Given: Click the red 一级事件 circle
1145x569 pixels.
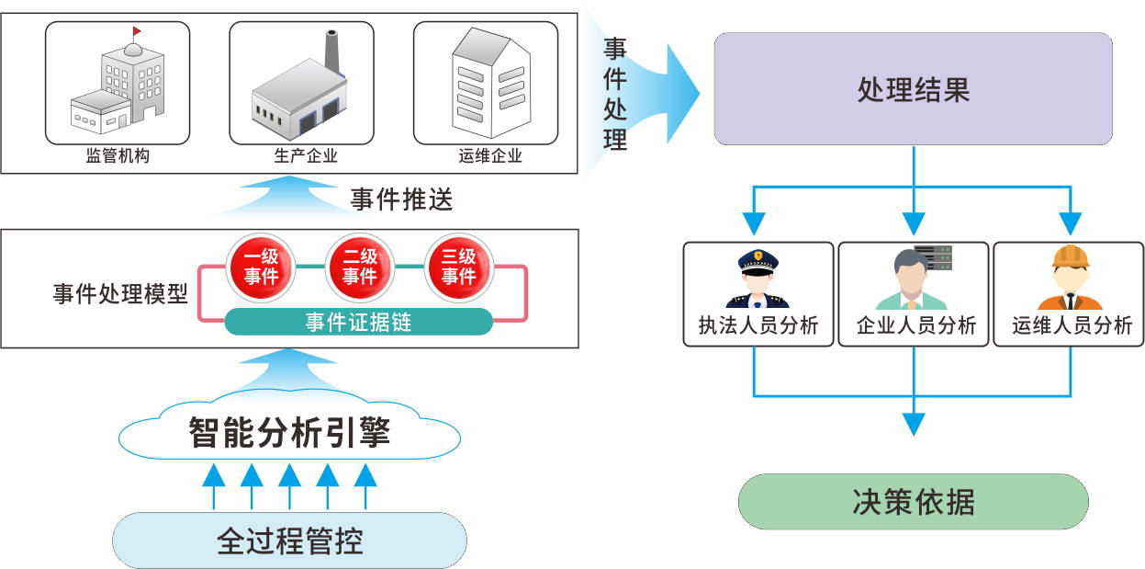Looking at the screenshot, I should tap(261, 267).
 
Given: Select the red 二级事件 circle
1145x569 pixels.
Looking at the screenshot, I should tap(360, 267).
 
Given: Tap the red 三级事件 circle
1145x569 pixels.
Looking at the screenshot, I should tap(458, 267).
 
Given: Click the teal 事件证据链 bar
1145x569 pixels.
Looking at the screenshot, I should tap(359, 322).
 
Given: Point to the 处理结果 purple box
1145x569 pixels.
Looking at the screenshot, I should tap(913, 89).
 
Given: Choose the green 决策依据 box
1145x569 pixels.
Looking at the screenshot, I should tap(913, 502).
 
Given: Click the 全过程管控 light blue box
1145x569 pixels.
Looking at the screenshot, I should tap(289, 540).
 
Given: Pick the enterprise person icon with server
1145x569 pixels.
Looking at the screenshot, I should tap(913, 279).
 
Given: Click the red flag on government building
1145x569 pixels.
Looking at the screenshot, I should tap(137, 32).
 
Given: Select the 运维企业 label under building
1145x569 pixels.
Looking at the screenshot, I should tap(490, 156).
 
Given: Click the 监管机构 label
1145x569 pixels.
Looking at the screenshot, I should tap(118, 156).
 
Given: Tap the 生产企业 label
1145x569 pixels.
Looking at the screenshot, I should tap(306, 156).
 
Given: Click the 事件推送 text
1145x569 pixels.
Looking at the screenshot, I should tap(401, 199).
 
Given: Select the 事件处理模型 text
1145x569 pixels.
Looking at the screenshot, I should tap(120, 295).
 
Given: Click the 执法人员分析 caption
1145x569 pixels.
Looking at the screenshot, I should tap(758, 325).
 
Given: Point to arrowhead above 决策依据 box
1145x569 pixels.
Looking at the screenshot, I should tap(913, 424).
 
